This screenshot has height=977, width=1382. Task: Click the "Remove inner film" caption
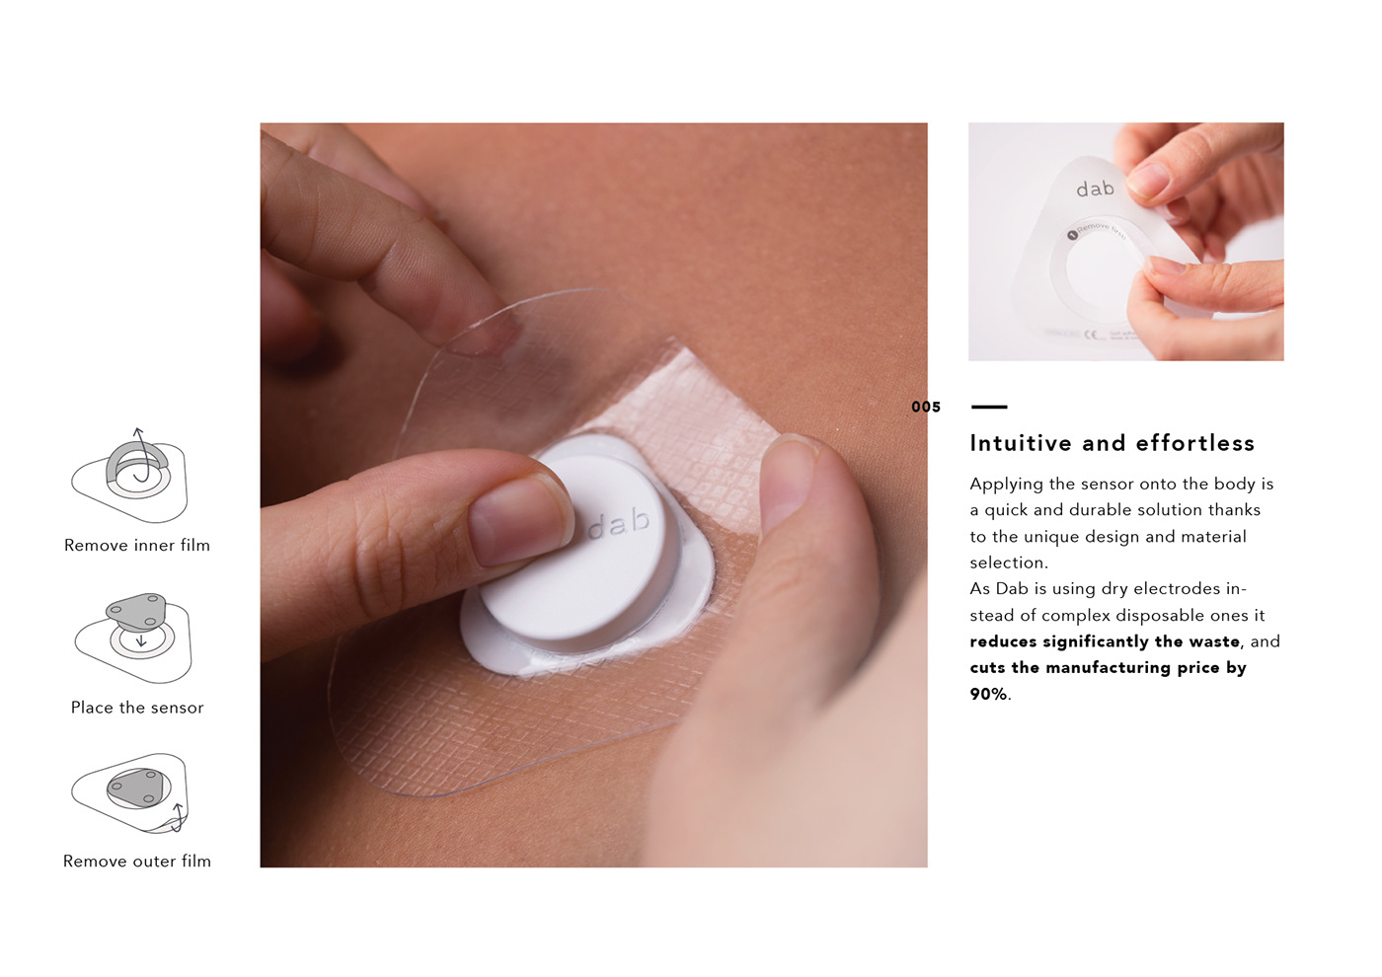[x=137, y=545]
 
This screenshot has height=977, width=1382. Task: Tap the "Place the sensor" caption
[x=137, y=708]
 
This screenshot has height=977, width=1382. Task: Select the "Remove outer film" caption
[x=137, y=861]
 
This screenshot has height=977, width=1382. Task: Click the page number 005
[x=926, y=407]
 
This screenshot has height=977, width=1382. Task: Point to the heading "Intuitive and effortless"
[x=1112, y=443]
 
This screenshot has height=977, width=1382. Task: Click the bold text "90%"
[x=988, y=694]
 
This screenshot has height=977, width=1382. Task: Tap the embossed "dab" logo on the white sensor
[x=620, y=524]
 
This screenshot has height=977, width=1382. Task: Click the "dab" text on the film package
[x=1095, y=188]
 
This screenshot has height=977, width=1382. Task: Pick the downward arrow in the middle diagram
[x=141, y=639]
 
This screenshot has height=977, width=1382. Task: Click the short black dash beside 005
[x=989, y=407]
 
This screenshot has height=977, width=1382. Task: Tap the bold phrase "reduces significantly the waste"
[x=1105, y=641]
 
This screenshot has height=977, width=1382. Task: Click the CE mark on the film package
[x=1092, y=336]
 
